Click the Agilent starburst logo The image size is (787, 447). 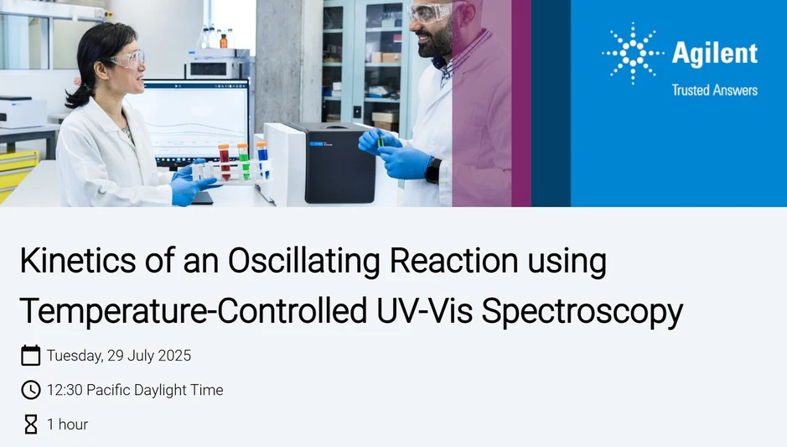pyautogui.click(x=634, y=55)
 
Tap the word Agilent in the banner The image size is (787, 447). pyautogui.click(x=715, y=55)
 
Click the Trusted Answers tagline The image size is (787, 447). pyautogui.click(x=714, y=90)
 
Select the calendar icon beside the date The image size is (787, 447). pyautogui.click(x=30, y=356)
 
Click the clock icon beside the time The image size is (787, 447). pyautogui.click(x=30, y=390)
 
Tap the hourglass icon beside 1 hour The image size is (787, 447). pyautogui.click(x=30, y=424)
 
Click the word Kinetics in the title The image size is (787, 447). pyautogui.click(x=75, y=262)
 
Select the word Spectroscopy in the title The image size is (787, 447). pyautogui.click(x=582, y=311)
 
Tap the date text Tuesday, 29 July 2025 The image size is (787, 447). pyautogui.click(x=119, y=356)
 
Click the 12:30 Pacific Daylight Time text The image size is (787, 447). pyautogui.click(x=135, y=390)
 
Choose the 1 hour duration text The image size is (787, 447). pyautogui.click(x=68, y=424)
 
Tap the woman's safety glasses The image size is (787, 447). pyautogui.click(x=128, y=59)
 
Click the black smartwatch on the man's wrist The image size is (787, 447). pyautogui.click(x=433, y=170)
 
